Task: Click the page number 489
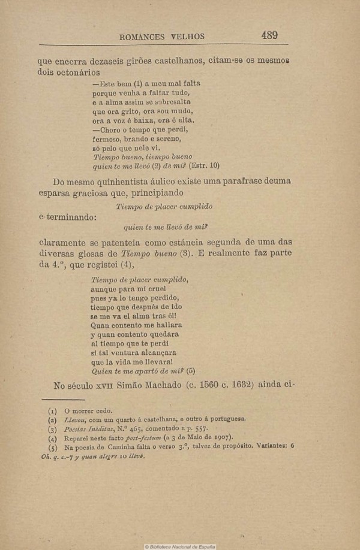tap(269, 35)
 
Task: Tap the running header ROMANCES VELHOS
tap(162, 37)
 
